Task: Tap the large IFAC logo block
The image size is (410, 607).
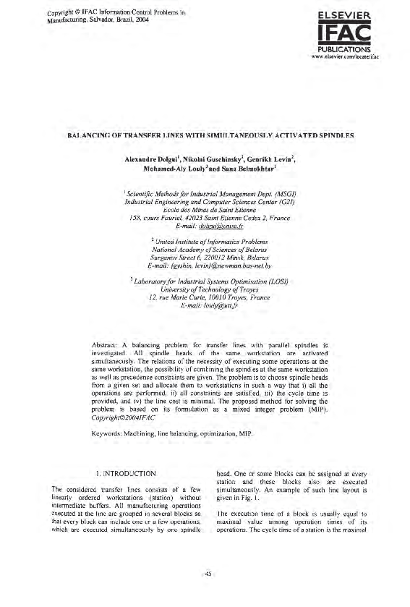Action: pos(349,33)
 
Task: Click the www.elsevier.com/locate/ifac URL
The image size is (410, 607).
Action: pos(349,56)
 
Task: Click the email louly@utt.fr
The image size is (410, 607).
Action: pos(205,305)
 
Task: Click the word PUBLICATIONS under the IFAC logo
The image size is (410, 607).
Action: pos(349,49)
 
